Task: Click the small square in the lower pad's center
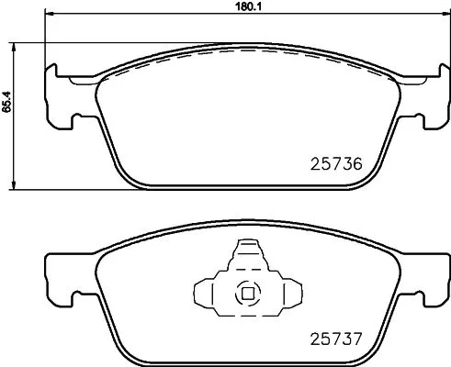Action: pyautogui.click(x=246, y=295)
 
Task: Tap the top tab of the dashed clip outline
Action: pyautogui.click(x=246, y=251)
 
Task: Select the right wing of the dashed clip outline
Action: pyautogui.click(x=285, y=294)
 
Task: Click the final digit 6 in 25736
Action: pyautogui.click(x=358, y=165)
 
